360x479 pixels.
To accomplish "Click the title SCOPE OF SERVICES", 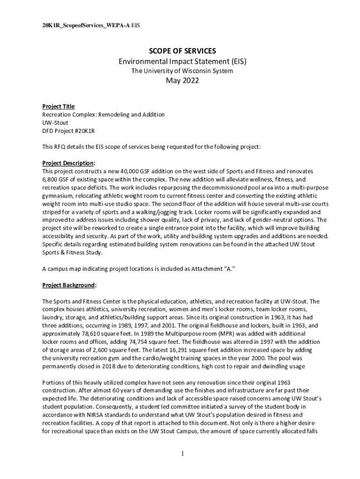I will (x=180, y=51).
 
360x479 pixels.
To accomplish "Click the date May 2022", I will (x=180, y=81).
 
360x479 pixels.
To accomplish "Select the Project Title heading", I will (x=58, y=107).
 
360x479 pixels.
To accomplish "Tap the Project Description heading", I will (x=68, y=163).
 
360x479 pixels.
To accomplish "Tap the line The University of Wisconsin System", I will (x=181, y=71).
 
